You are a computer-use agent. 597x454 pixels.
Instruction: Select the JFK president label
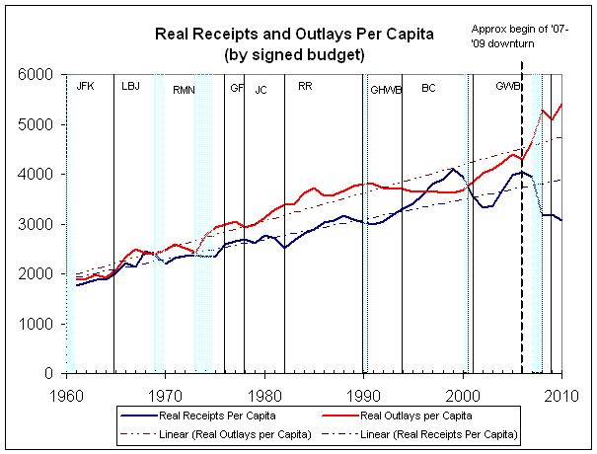point(86,87)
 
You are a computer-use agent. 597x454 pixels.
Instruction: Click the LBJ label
point(131,87)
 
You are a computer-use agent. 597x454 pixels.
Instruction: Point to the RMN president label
point(185,90)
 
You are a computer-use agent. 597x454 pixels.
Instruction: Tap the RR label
point(305,87)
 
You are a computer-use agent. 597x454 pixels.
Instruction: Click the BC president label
point(428,88)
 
